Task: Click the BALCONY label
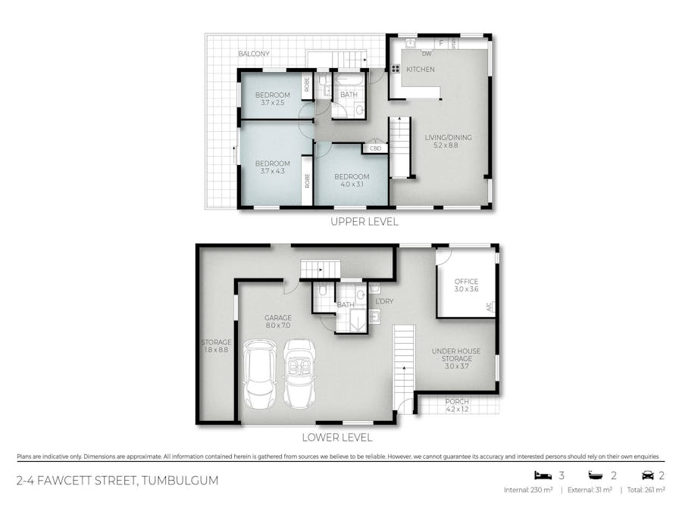pyautogui.click(x=254, y=54)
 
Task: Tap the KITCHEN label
pyautogui.click(x=420, y=69)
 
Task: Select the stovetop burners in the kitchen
pyautogui.click(x=396, y=68)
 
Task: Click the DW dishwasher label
pyautogui.click(x=427, y=54)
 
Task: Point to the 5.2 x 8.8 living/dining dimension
pyautogui.click(x=446, y=145)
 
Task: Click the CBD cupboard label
pyautogui.click(x=375, y=148)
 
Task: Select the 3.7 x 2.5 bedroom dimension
pyautogui.click(x=272, y=102)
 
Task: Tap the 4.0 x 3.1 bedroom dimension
pyautogui.click(x=352, y=184)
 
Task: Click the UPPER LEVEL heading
pyautogui.click(x=364, y=222)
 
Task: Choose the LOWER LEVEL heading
pyautogui.click(x=337, y=437)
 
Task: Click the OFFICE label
pyautogui.click(x=466, y=281)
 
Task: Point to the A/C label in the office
pyautogui.click(x=489, y=307)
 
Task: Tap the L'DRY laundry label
pyautogui.click(x=384, y=301)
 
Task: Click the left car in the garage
pyautogui.click(x=260, y=374)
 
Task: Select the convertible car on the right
pyautogui.click(x=299, y=374)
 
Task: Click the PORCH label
pyautogui.click(x=457, y=401)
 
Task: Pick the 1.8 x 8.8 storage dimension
pyautogui.click(x=216, y=349)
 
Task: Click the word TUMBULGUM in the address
pyautogui.click(x=180, y=481)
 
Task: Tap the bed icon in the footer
pyautogui.click(x=543, y=475)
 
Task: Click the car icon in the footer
pyautogui.click(x=648, y=475)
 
